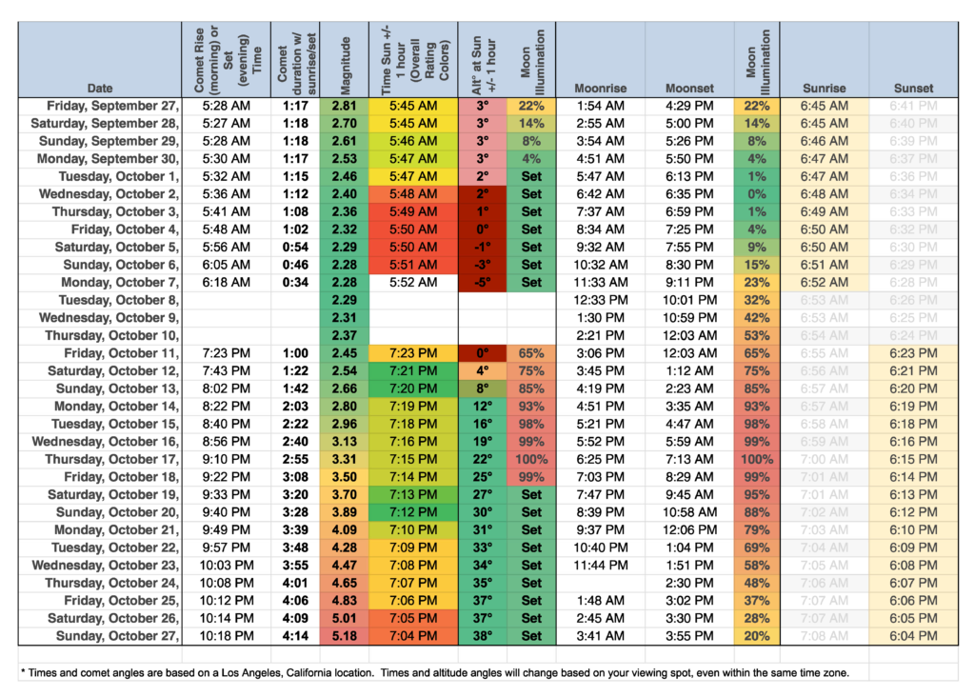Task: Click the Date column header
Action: [99, 88]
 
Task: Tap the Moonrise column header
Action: [600, 88]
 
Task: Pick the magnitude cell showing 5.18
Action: [345, 636]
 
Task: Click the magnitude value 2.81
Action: [345, 106]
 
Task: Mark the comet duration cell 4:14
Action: [295, 636]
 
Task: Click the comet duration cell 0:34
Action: [295, 283]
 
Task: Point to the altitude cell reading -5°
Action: [483, 283]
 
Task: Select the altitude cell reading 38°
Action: [483, 636]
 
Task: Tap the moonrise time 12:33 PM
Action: [600, 300]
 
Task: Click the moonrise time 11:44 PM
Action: [600, 566]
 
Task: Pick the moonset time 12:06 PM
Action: [690, 529]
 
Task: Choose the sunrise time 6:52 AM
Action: [824, 283]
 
